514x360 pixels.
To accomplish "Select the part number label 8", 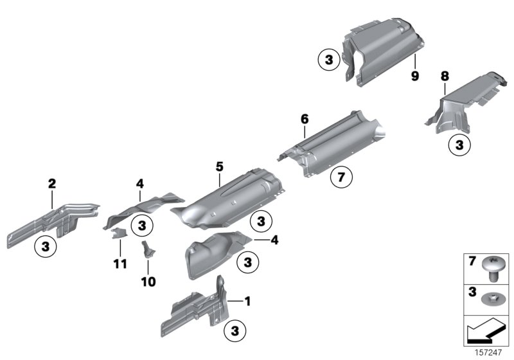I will (443, 76).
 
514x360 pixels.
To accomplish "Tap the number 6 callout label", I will (305, 119).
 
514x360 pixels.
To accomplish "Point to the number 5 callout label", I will (219, 166).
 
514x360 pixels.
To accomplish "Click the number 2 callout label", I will (52, 184).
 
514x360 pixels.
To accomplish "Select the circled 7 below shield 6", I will (341, 176).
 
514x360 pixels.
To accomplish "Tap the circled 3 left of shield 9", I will (328, 60).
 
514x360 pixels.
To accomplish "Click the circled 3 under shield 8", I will (459, 146).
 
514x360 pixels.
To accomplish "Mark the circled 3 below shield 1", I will (234, 331).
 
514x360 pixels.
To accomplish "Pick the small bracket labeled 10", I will (146, 251).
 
